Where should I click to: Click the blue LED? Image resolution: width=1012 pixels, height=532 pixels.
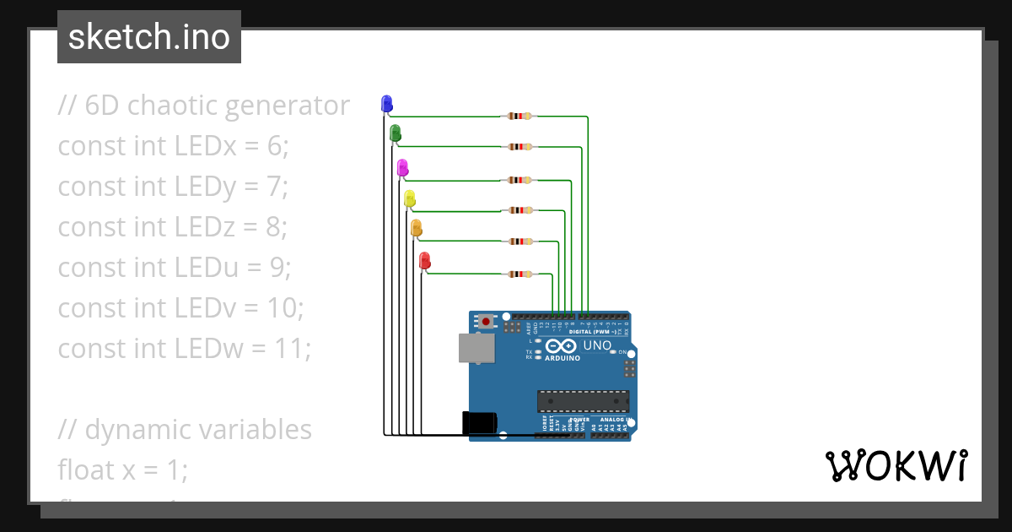pos(386,104)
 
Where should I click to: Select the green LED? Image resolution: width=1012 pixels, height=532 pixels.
pos(395,133)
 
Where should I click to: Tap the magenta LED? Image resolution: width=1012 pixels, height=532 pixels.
pos(402,167)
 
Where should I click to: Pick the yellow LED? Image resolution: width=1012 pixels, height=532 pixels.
pos(410,198)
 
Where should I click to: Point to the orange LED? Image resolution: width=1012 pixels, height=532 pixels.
pos(416,227)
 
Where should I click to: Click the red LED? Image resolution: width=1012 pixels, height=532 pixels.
pos(425,261)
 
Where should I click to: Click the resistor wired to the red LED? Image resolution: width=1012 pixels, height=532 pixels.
pos(518,274)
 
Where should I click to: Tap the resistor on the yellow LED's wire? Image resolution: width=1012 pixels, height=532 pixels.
pos(518,210)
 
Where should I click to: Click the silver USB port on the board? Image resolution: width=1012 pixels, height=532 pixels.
pos(476,348)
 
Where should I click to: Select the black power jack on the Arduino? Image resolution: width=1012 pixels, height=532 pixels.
pos(479,423)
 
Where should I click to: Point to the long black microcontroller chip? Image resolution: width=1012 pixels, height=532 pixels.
pos(583,401)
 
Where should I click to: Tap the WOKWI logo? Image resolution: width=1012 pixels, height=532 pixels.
pos(896,465)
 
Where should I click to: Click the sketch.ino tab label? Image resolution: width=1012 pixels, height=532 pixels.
pos(149,37)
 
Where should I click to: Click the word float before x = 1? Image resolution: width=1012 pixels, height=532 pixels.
pos(86,470)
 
